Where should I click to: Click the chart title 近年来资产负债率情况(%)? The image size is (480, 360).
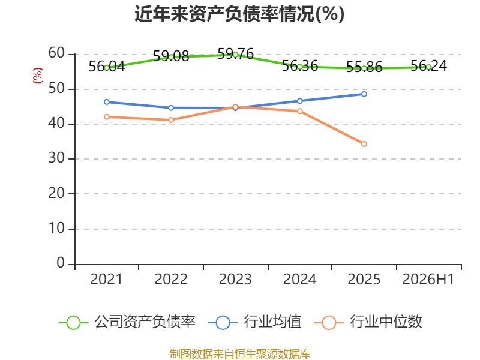239,14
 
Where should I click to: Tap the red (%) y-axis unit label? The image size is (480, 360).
38,76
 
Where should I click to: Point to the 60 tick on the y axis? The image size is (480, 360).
56,53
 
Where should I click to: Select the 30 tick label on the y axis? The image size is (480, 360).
56,158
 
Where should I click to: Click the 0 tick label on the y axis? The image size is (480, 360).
61,263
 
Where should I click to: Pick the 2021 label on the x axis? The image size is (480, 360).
106,279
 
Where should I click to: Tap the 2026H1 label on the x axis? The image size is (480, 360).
428,279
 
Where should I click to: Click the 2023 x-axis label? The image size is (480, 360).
235,279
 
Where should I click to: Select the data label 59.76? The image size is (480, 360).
235,54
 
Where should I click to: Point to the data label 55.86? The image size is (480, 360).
364,67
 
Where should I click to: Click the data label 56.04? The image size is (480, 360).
107,67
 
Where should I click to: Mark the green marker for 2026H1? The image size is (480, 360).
428,67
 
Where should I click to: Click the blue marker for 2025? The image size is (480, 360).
364,94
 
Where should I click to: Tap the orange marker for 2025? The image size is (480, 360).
364,144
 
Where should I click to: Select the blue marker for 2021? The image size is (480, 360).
107,102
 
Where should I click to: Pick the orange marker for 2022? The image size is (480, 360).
171,120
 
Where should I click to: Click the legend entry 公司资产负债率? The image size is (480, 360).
127,322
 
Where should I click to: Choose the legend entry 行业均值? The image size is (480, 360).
254,322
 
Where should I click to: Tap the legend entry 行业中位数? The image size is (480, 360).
368,322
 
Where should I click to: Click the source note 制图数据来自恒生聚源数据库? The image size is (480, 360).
239,354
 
